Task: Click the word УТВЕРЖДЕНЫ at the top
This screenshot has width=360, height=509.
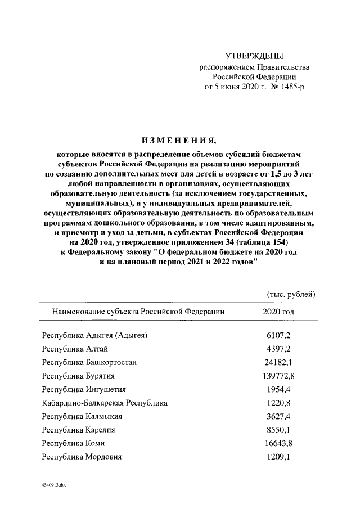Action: tap(254, 56)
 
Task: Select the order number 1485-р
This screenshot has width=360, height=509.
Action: tap(289, 88)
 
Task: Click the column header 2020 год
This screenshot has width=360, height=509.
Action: tap(278, 311)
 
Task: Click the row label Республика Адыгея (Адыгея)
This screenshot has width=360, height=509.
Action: tap(95, 336)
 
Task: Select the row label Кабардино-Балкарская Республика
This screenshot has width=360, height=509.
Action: tap(105, 403)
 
